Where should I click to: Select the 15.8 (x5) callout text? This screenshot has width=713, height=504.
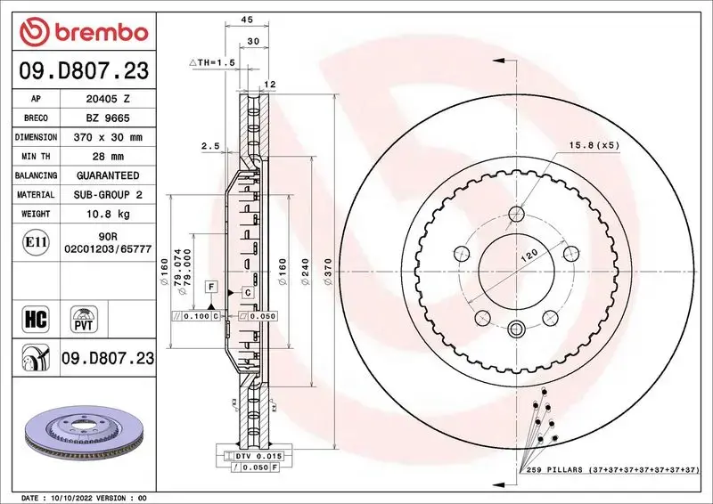pyautogui.click(x=589, y=145)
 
